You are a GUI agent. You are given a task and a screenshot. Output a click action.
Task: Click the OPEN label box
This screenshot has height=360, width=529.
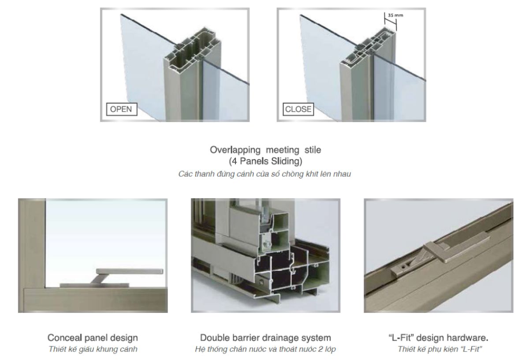(122, 109)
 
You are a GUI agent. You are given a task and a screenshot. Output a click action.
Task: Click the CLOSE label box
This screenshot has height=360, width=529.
(298, 109)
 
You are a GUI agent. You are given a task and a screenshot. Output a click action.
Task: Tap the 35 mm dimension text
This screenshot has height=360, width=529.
(395, 15)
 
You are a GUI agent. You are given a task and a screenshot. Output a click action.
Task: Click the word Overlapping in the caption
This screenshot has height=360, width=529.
(235, 150)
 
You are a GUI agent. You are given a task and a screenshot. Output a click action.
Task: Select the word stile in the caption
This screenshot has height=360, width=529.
(313, 150)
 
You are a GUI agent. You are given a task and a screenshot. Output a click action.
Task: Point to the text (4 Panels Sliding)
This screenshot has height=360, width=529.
(265, 161)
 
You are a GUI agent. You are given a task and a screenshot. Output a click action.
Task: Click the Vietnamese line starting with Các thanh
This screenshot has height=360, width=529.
(264, 174)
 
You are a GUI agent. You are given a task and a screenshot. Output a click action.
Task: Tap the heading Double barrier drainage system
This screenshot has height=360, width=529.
(265, 338)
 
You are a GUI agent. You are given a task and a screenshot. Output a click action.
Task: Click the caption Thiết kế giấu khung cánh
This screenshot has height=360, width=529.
(93, 349)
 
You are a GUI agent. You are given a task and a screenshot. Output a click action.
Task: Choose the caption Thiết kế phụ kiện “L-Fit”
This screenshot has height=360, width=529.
(440, 349)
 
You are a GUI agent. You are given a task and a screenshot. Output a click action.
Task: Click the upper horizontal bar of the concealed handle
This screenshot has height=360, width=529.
(130, 271)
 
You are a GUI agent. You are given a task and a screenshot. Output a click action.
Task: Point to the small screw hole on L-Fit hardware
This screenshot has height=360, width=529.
(403, 267)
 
